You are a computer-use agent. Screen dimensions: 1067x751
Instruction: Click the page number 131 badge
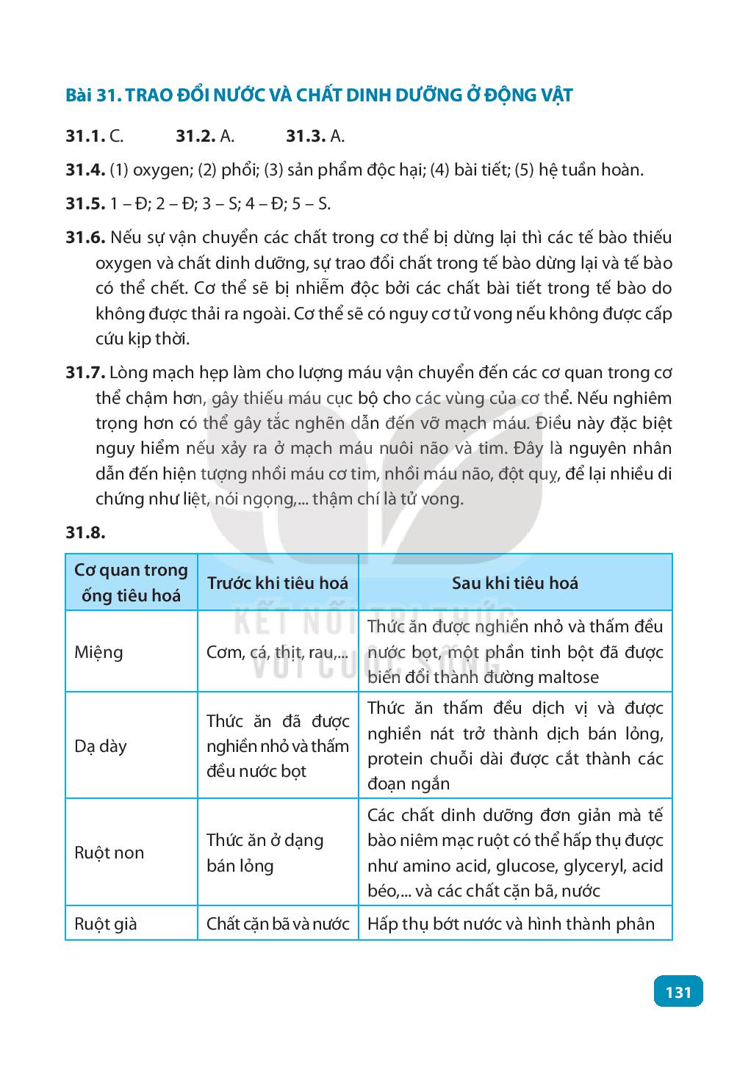[x=678, y=992]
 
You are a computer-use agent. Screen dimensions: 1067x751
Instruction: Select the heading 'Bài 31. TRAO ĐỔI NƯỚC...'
[x=319, y=95]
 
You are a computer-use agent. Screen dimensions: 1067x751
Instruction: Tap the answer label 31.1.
[x=85, y=136]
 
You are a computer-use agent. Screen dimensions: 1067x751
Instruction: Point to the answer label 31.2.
[x=195, y=136]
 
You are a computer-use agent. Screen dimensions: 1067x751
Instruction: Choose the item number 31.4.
[x=85, y=170]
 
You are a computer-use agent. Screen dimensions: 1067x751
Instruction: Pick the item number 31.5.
[x=85, y=203]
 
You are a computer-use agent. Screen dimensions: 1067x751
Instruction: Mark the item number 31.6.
[x=85, y=238]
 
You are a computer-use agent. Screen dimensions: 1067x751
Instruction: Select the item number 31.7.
[x=85, y=373]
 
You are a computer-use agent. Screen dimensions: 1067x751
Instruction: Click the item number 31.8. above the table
[x=85, y=532]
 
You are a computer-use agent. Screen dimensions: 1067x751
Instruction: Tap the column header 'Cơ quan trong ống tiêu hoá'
[x=132, y=582]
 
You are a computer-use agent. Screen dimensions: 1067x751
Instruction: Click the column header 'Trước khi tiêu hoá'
[x=278, y=583]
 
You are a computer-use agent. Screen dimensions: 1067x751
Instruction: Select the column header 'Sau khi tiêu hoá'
[x=514, y=583]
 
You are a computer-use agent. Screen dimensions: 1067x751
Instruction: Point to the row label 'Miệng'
[x=99, y=652]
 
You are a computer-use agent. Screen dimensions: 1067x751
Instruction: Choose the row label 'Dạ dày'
[x=101, y=746]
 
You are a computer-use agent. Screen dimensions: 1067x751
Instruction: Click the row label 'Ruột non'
[x=109, y=853]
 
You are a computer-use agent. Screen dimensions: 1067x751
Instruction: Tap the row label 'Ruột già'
[x=106, y=923]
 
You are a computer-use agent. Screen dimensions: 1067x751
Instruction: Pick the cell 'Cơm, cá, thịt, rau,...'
[x=278, y=652]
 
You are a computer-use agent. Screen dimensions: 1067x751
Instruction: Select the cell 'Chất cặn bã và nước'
[x=278, y=923]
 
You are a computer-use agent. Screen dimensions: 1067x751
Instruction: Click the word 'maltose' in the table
[x=569, y=677]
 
